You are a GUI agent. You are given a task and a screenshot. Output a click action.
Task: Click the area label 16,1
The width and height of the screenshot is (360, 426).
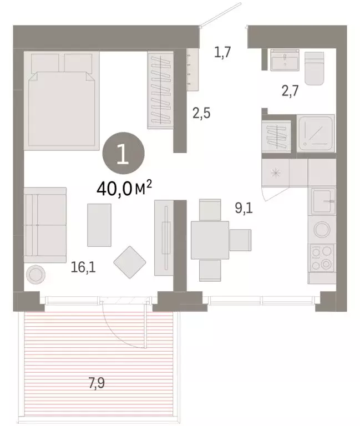83,268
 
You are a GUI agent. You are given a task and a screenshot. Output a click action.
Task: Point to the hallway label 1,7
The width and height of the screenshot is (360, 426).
222,53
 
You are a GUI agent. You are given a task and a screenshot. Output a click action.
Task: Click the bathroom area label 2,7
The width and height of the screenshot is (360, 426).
290,91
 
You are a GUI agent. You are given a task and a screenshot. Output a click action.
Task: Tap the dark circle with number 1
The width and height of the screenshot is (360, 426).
123,154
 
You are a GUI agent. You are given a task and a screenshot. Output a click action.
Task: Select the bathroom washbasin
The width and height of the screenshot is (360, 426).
285,60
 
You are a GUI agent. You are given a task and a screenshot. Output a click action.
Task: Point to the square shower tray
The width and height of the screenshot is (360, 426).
316,133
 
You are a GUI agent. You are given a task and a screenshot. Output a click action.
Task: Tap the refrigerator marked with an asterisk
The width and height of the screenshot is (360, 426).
275,173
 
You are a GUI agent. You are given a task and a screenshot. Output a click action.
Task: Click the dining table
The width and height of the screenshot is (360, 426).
210,239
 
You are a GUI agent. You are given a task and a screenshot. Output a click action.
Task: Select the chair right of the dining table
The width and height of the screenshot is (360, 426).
240,239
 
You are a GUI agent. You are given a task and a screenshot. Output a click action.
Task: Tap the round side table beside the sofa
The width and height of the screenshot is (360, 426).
37,274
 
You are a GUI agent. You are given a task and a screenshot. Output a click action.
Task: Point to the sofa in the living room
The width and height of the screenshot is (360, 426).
44,222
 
